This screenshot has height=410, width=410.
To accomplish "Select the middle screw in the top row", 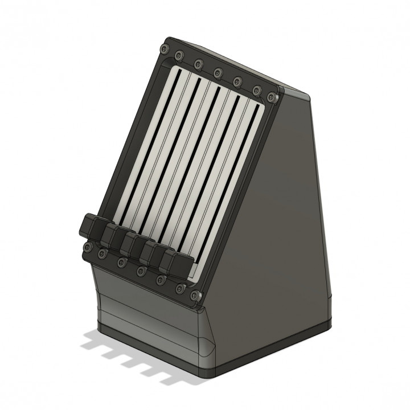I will (218, 72).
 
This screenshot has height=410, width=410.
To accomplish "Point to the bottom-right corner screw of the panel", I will (197, 296).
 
